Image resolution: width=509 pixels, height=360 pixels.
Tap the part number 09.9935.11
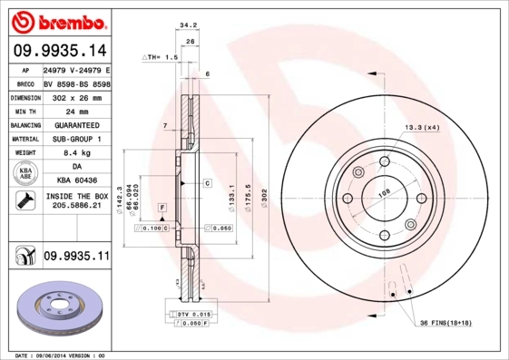(75, 258)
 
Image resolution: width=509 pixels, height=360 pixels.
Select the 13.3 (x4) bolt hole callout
(422, 127)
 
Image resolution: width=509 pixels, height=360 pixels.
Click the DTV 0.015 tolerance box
(189, 314)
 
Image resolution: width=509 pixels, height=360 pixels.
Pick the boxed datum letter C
(207, 183)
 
